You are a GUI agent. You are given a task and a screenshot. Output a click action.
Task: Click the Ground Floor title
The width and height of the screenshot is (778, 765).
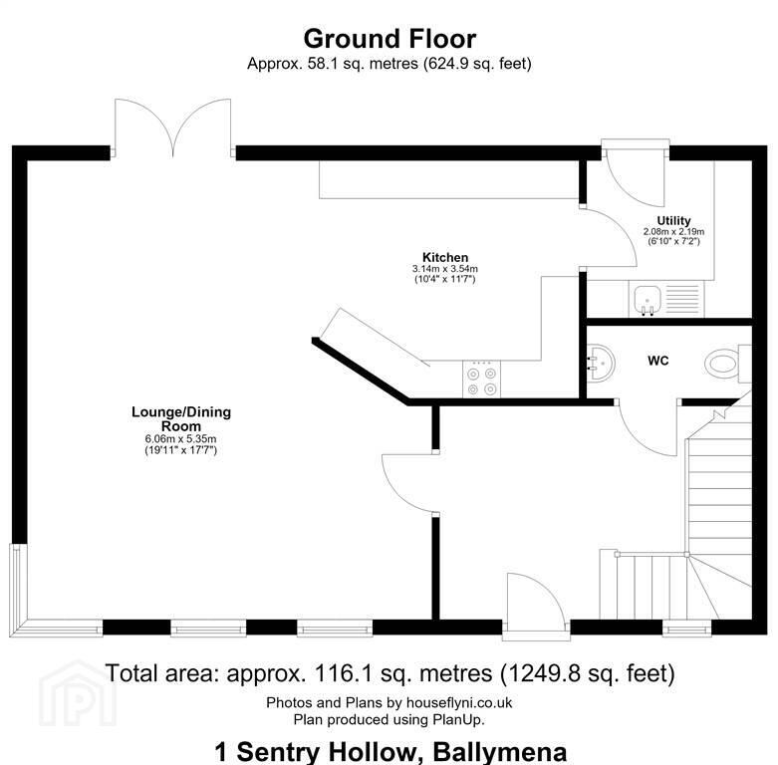389,39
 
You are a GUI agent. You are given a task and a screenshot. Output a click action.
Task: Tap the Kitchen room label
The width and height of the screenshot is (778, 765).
445,257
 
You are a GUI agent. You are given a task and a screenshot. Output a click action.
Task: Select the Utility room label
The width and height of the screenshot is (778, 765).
673,221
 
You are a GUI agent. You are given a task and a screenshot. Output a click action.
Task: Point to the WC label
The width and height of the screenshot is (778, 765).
657,361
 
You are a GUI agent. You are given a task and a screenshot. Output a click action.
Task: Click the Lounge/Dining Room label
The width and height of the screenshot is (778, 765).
181,419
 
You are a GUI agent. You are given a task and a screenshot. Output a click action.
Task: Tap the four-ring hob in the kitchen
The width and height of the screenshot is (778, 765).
481,380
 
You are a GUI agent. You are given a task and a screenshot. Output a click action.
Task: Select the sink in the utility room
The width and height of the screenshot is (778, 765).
648,300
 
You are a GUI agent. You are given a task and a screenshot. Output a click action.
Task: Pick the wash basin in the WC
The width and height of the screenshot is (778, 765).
601,363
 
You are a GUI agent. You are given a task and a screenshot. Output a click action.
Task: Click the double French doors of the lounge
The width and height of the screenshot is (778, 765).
172,127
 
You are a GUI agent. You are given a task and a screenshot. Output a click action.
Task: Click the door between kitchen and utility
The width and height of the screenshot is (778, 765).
609,238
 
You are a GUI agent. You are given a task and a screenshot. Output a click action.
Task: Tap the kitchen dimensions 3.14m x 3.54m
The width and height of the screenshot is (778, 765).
445,269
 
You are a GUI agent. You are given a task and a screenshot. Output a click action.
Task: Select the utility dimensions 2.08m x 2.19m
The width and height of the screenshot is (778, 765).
673,232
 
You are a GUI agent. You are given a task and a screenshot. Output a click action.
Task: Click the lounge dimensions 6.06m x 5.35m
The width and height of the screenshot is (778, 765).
180,439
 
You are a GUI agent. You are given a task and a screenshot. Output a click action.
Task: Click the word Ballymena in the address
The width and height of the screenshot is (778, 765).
500,752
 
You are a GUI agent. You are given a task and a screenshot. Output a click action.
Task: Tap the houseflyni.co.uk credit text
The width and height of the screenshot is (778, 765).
459,702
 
